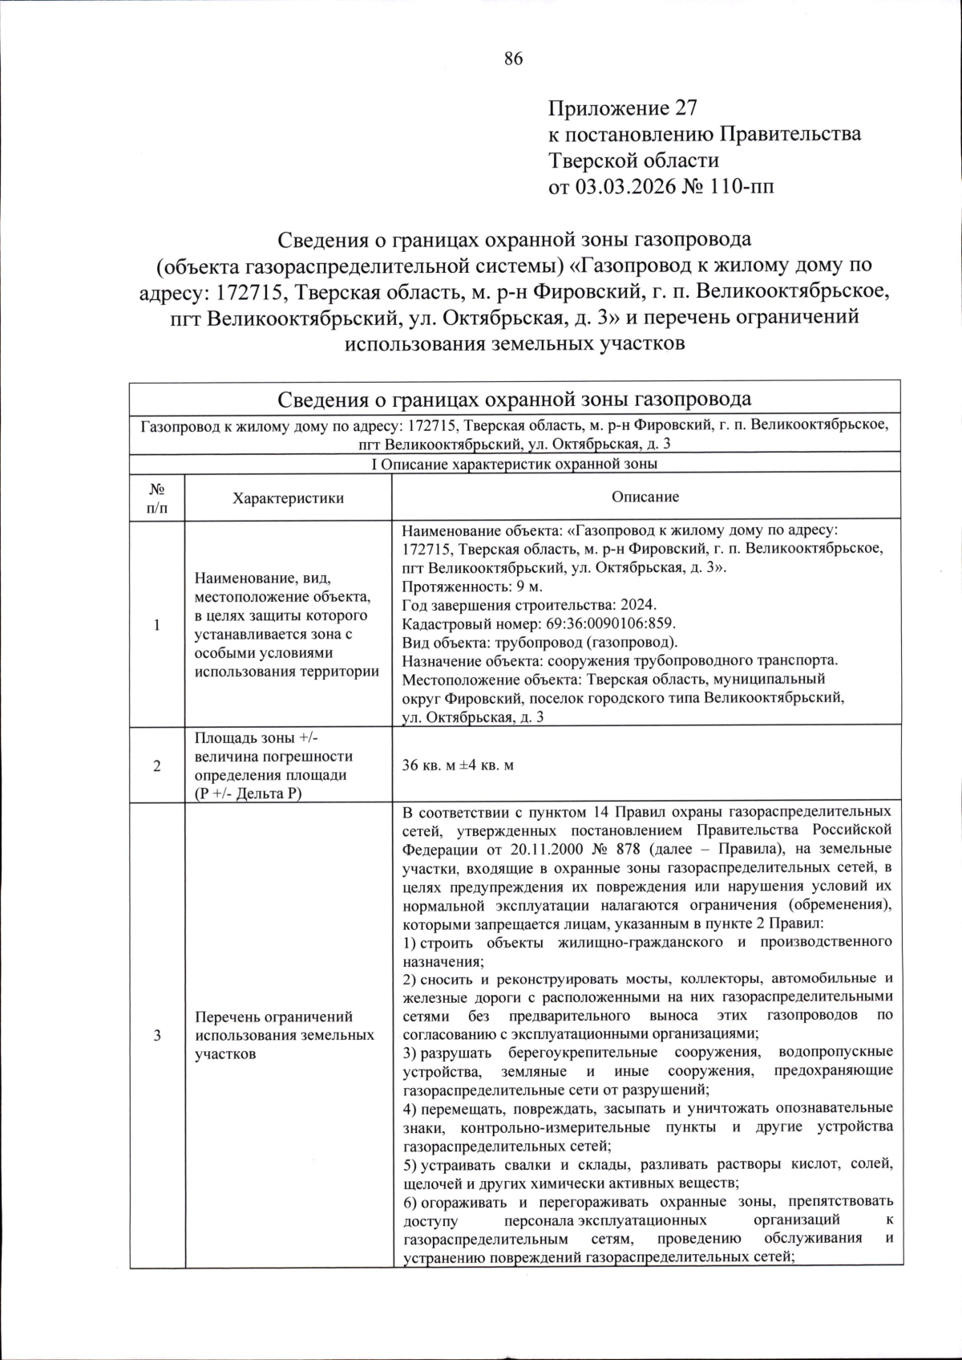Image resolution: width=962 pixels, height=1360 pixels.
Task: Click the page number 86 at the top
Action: click(x=513, y=58)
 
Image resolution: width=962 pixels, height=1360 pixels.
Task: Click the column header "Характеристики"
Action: click(x=288, y=498)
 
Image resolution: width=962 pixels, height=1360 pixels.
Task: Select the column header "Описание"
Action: click(x=645, y=497)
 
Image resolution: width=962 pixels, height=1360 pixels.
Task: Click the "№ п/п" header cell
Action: click(x=157, y=497)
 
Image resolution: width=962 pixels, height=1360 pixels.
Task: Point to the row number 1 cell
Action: click(x=157, y=626)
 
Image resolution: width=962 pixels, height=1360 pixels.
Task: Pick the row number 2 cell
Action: click(x=157, y=765)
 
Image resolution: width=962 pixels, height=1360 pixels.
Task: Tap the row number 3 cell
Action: click(x=157, y=1035)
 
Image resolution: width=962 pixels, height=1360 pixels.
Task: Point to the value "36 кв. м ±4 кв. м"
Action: click(x=458, y=765)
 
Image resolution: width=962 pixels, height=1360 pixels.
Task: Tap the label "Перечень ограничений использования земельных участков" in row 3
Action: click(x=285, y=1035)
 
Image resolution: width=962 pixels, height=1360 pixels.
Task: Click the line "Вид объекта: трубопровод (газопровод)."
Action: click(x=540, y=642)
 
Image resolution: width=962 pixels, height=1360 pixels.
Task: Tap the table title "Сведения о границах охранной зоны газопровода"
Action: click(x=514, y=400)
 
